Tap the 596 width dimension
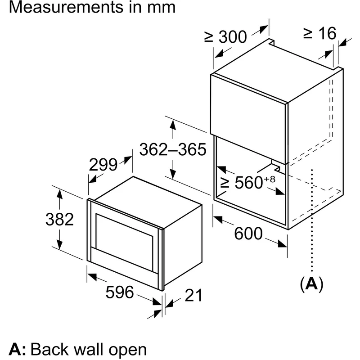120,292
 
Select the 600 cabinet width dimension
248,234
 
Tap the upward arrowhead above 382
59,194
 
